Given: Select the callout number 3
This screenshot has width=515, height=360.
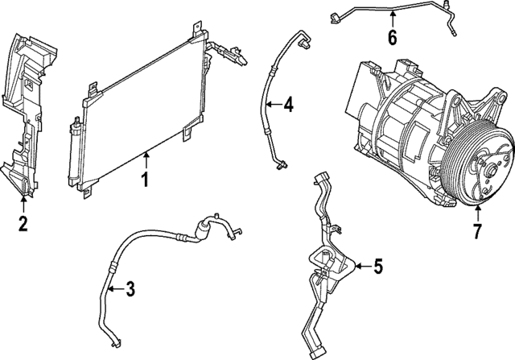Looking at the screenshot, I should tap(130, 290).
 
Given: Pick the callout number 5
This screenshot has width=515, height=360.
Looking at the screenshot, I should tap(378, 266).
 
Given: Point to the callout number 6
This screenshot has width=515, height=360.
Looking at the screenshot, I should tap(392, 37).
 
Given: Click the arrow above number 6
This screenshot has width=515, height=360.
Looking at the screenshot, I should tap(392, 19).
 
